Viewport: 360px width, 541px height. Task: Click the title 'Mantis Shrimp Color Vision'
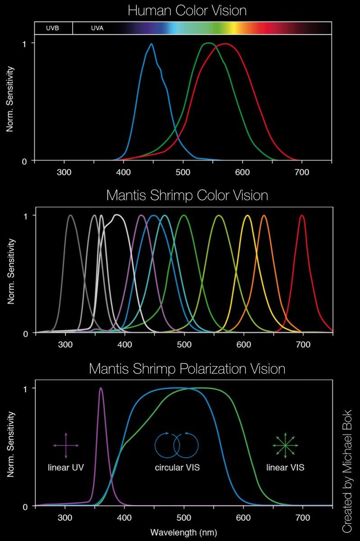(x=187, y=196)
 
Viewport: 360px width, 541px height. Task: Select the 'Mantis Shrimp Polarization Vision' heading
(x=187, y=368)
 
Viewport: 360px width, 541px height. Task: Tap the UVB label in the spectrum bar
(x=52, y=28)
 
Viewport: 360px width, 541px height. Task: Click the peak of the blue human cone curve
(x=151, y=44)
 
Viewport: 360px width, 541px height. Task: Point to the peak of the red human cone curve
(x=225, y=44)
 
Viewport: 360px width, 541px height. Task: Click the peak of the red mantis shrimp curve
(x=302, y=215)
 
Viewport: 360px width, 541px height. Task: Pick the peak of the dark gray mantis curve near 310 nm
(x=71, y=215)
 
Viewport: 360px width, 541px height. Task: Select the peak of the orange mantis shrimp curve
(x=264, y=215)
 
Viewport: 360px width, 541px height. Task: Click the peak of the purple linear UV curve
(x=100, y=388)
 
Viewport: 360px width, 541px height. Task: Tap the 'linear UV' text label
(x=66, y=468)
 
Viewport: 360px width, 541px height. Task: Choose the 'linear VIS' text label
(x=285, y=468)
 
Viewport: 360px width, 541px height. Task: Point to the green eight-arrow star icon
(x=285, y=445)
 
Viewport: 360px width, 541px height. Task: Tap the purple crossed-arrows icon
(x=66, y=445)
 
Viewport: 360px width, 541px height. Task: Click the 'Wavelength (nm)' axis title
(x=183, y=532)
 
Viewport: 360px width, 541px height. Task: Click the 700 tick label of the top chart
(x=302, y=172)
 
